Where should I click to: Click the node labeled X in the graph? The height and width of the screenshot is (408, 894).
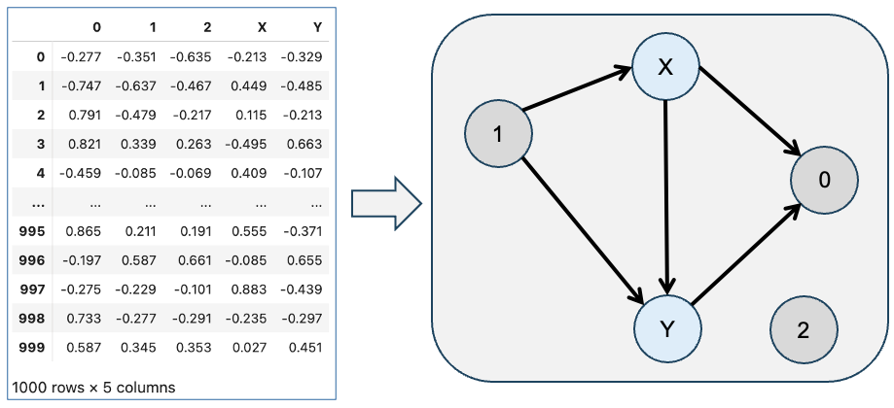(665, 68)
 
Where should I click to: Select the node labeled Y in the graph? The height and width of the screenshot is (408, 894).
(667, 329)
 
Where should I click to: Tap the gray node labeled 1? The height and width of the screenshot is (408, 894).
(499, 134)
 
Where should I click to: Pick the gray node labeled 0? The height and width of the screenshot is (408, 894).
(824, 181)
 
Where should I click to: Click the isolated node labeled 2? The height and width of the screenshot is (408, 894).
(804, 330)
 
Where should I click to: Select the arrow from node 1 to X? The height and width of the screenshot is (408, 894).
(578, 88)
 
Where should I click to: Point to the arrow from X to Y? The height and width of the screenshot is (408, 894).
(666, 198)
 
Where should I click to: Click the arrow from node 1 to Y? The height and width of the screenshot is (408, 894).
(584, 231)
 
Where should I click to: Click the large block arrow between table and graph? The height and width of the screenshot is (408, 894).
(386, 204)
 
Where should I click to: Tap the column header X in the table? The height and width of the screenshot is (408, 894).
(262, 27)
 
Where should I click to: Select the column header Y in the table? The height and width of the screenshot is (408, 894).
(317, 27)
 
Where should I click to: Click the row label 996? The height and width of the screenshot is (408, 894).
(32, 260)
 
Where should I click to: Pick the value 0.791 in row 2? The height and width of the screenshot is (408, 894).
(85, 115)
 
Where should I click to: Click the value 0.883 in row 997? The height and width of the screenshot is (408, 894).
(250, 289)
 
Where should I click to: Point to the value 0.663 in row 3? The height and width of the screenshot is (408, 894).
(305, 144)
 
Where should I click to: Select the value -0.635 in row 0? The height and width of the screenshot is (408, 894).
(191, 57)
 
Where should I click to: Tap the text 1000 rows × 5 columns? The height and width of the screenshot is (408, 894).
(93, 388)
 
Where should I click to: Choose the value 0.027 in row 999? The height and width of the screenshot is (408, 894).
(250, 347)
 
